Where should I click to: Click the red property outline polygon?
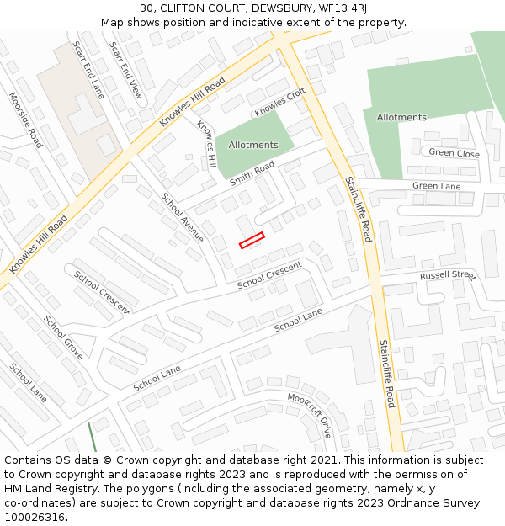pyautogui.click(x=252, y=240)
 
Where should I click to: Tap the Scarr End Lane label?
pyautogui.click(x=88, y=70)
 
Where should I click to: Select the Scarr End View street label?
pyautogui.click(x=125, y=70)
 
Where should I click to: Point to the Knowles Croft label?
pyautogui.click(x=280, y=104)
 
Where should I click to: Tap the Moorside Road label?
pyautogui.click(x=25, y=120)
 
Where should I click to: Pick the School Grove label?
pyautogui.click(x=63, y=337)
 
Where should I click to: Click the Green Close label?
pyautogui.click(x=454, y=153)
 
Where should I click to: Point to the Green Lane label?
pyautogui.click(x=436, y=186)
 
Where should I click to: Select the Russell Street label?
pyautogui.click(x=448, y=275)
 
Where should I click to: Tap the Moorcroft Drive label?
pyautogui.click(x=310, y=415)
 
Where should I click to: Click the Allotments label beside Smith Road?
pyautogui.click(x=253, y=145)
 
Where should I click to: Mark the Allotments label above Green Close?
pyautogui.click(x=401, y=117)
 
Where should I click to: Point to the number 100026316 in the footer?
pyautogui.click(x=36, y=518)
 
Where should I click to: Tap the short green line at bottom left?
pyautogui.click(x=92, y=437)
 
